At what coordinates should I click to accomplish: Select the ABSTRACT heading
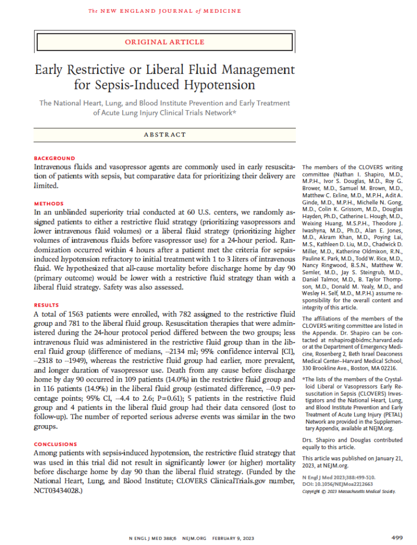pyautogui.click(x=164, y=135)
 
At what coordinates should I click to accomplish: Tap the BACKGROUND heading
pyautogui.click(x=54, y=158)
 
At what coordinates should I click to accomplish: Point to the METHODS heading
pyautogui.click(x=49, y=203)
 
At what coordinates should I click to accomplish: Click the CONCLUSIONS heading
pyautogui.click(x=55, y=444)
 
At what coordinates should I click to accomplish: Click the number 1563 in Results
pyautogui.click(x=82, y=314)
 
